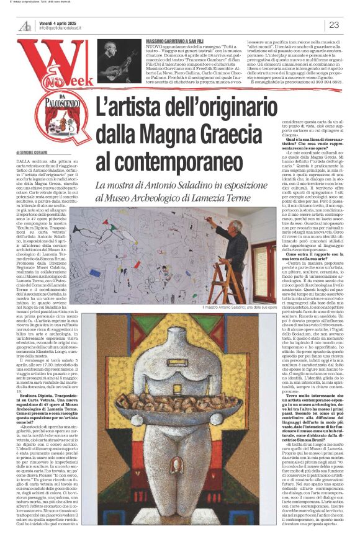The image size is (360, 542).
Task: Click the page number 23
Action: (333, 25)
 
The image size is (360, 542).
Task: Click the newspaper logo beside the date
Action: (24, 25)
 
